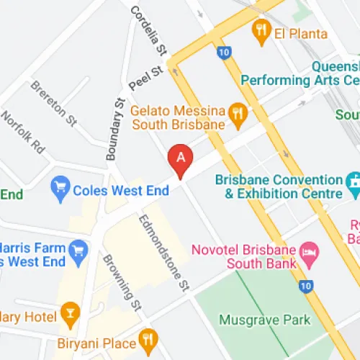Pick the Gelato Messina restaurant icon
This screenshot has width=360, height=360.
click(x=237, y=113)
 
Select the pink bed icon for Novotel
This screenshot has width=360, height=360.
click(x=310, y=251)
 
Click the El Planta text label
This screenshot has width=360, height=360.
click(x=300, y=33)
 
